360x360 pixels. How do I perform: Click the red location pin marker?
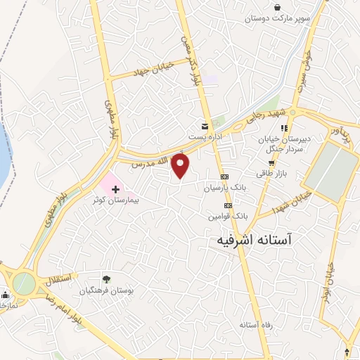coord(181,165)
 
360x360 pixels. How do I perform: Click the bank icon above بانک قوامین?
coord(227,205)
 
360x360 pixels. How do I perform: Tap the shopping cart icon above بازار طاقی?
coord(271,163)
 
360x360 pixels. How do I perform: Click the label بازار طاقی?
coord(271,174)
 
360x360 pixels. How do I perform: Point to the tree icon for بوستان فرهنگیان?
coord(106,280)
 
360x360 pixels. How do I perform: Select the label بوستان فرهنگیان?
coord(106,290)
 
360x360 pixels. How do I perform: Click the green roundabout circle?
coord(23,283)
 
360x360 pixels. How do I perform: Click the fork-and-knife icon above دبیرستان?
coord(284,129)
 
